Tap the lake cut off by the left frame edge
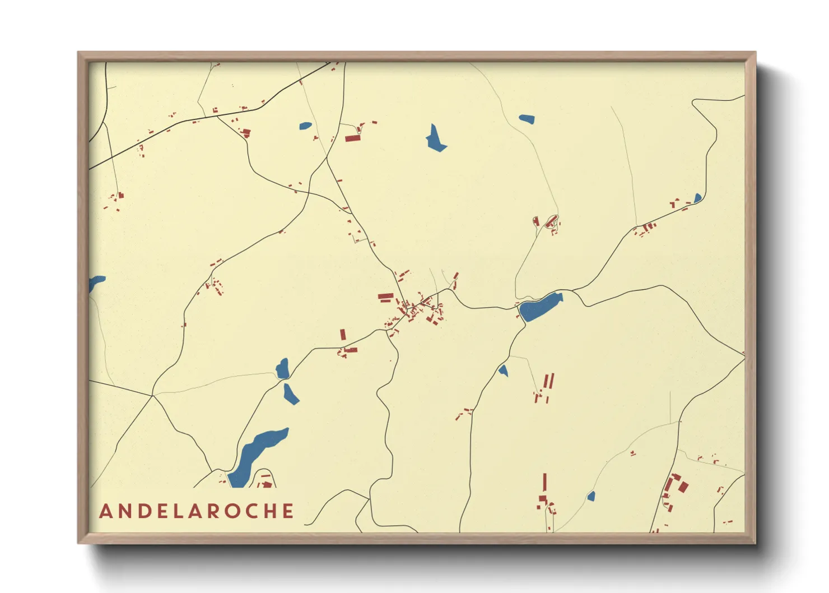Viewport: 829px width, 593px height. (96, 282)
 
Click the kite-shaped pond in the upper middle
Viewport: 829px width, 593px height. (435, 139)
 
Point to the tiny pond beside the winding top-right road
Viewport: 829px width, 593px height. (697, 198)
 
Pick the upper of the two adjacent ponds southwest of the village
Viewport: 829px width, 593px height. (282, 369)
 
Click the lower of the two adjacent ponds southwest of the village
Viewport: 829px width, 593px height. (290, 393)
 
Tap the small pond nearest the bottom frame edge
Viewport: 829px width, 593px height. (590, 497)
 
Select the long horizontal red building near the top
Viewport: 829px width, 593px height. (352, 138)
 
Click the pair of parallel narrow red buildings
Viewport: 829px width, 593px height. (549, 382)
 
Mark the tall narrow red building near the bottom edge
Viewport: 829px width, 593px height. (544, 482)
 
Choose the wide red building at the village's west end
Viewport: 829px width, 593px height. (385, 296)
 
